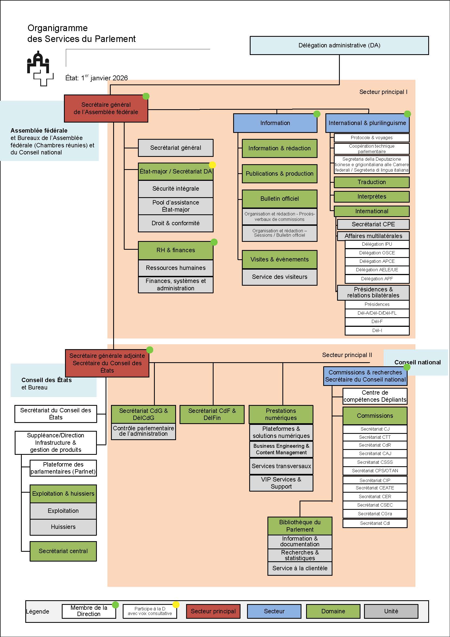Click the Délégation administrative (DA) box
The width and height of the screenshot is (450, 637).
[339, 45]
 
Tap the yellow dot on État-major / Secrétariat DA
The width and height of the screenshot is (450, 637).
[212, 165]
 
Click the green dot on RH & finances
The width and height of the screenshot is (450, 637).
[214, 242]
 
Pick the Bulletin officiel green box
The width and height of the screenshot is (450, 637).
[279, 199]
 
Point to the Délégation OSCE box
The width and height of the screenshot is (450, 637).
[377, 253]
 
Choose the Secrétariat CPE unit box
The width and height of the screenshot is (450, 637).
[373, 224]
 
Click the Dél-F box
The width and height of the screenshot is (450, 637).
[377, 322]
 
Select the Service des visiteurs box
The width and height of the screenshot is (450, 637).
[279, 277]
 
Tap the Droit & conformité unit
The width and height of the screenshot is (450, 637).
[175, 223]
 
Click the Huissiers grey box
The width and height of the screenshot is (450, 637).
[63, 527]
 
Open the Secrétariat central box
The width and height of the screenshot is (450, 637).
[63, 551]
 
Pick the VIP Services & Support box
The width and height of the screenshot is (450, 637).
[281, 483]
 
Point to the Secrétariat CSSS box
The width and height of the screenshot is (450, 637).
[375, 462]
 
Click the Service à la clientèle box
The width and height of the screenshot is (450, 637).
[300, 568]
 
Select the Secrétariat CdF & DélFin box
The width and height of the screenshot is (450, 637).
[212, 414]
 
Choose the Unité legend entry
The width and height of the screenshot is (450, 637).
[391, 611]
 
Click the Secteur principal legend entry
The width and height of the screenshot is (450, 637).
[213, 611]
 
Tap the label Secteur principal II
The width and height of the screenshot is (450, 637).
[347, 355]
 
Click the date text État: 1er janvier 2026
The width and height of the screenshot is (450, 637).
[96, 78]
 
